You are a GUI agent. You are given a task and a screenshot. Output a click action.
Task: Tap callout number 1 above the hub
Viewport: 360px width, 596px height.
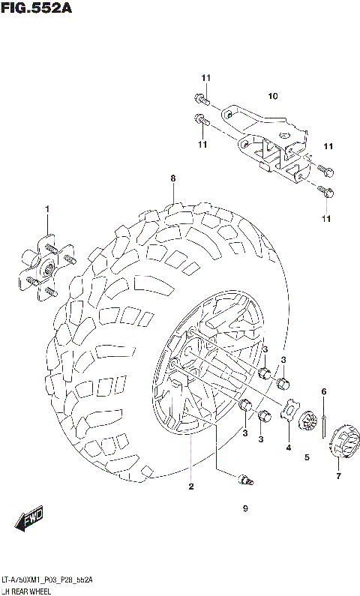[46, 208]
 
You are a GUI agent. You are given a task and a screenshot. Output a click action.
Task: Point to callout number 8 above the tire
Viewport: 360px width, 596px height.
[172, 178]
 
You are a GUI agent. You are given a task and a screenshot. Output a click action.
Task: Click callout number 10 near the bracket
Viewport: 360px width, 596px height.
[273, 96]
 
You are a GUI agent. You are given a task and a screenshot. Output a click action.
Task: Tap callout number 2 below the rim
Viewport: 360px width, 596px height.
[191, 487]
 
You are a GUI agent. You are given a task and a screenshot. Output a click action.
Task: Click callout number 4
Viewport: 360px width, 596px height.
[288, 449]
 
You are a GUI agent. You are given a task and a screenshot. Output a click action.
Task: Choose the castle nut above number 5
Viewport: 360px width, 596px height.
[307, 418]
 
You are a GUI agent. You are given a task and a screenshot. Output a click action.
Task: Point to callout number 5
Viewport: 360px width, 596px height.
[307, 457]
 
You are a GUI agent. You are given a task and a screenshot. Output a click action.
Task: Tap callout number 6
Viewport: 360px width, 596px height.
[324, 391]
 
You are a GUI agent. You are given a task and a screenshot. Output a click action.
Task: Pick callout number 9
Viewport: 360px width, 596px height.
[244, 509]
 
